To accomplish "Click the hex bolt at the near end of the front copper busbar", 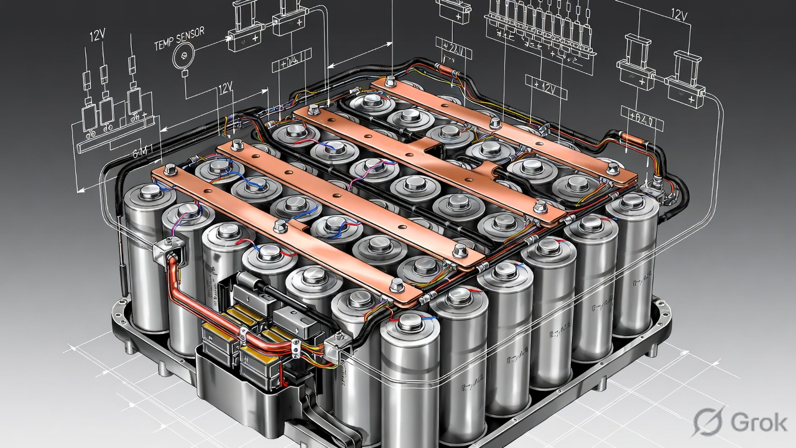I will click(x=396, y=285).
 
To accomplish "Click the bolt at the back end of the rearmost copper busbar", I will click(x=390, y=80).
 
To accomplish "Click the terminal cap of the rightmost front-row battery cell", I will click(x=631, y=201).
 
